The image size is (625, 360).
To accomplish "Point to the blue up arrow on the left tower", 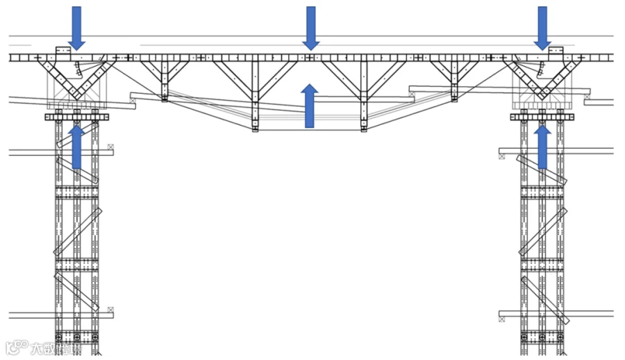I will pyautogui.click(x=76, y=147).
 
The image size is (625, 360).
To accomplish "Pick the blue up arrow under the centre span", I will pyautogui.click(x=310, y=106).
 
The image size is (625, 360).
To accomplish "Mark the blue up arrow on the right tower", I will pyautogui.click(x=542, y=147).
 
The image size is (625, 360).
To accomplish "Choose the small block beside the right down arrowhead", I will pyautogui.click(x=556, y=51).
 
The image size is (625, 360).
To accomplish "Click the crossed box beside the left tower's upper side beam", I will pyautogui.click(x=110, y=147).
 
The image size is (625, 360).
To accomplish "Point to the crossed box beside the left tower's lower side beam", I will pyautogui.click(x=110, y=310).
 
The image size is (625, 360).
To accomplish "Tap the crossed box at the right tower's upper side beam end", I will pyautogui.click(x=501, y=156).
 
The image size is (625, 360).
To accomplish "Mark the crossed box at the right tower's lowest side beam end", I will pyautogui.click(x=501, y=319).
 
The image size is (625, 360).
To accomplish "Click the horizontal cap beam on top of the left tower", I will pyautogui.click(x=77, y=117).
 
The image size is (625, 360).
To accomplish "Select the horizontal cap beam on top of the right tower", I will pyautogui.click(x=542, y=117).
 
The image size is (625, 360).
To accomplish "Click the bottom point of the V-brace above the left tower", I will pyautogui.click(x=76, y=97).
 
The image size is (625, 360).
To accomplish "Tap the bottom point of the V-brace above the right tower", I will pyautogui.click(x=542, y=97).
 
